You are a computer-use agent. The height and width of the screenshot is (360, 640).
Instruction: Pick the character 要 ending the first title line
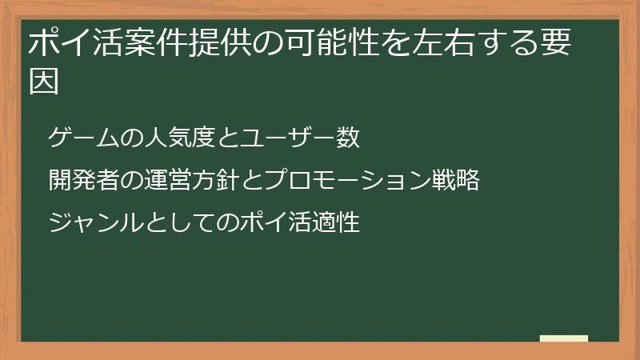tap(555, 43)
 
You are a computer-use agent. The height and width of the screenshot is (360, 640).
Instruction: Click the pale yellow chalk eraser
tap(564, 338)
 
